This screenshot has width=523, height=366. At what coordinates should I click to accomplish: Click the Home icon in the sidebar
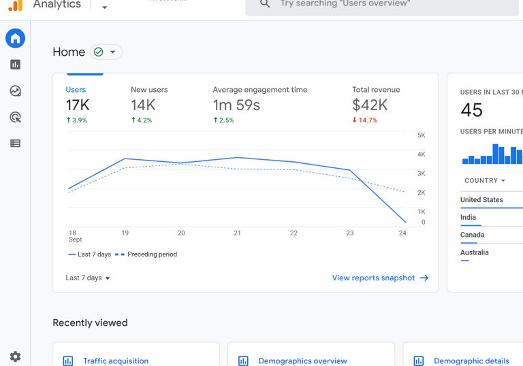click(15, 39)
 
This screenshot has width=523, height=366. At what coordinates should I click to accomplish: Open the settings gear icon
click(15, 356)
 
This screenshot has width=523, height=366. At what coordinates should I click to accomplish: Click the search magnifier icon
click(265, 4)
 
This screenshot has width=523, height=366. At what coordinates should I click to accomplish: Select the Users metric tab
click(76, 90)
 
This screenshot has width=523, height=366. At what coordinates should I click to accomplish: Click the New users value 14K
click(143, 105)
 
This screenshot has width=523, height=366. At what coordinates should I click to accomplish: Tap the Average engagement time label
click(259, 90)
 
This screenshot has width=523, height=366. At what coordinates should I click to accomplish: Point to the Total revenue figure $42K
click(370, 105)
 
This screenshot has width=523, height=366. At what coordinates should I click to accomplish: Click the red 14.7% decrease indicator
click(365, 120)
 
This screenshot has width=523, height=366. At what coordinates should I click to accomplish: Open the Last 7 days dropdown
click(88, 278)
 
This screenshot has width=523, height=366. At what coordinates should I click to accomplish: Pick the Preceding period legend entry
click(146, 254)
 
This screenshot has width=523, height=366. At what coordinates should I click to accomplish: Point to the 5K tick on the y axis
click(422, 135)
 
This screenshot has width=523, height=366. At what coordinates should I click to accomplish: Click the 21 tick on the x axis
click(237, 233)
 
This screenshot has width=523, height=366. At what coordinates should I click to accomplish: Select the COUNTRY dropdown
click(485, 181)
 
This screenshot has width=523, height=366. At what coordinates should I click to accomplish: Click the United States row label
click(481, 200)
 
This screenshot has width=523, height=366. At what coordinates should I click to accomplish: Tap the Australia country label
click(474, 252)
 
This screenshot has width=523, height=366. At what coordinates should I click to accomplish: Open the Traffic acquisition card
click(115, 361)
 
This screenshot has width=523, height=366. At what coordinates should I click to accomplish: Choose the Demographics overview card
click(302, 361)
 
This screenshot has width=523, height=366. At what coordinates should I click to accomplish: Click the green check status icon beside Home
click(99, 52)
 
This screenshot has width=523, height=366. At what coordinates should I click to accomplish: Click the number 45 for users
click(471, 110)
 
